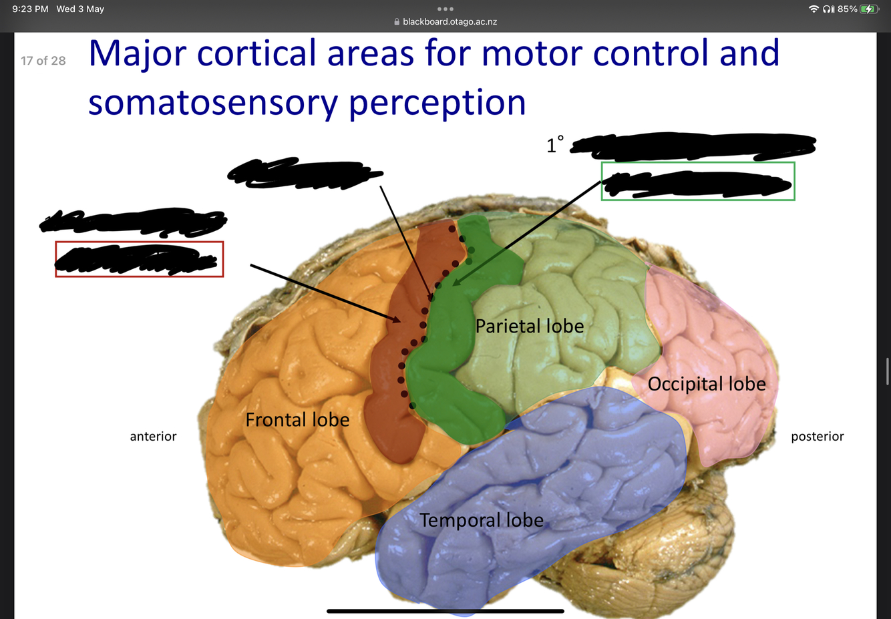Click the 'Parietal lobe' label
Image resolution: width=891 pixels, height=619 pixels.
point(530,326)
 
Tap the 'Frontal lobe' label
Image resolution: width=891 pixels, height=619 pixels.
point(297,419)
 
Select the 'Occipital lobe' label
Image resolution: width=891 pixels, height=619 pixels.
point(707,384)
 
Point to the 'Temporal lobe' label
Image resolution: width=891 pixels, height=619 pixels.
point(482,520)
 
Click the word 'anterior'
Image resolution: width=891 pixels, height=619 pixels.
point(153,436)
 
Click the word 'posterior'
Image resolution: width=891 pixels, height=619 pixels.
point(818,436)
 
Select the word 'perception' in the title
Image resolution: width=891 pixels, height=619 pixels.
point(437,104)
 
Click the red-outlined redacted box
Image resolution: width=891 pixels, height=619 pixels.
point(139,259)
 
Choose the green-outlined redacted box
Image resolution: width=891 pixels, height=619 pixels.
point(698,181)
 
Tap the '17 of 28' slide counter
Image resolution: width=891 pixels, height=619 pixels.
point(43,61)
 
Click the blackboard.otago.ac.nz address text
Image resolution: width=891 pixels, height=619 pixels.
point(450,22)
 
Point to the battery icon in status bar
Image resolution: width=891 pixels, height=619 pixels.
point(869,9)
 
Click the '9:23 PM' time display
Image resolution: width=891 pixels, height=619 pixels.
point(30,9)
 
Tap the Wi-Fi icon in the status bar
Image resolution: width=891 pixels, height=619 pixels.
point(814,9)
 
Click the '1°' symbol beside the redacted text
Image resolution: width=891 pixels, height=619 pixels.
point(555,145)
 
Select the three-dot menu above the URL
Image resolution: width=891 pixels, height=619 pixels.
point(445,9)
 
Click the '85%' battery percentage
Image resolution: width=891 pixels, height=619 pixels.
point(847,9)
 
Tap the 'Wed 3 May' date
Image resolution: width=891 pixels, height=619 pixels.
point(80,9)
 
